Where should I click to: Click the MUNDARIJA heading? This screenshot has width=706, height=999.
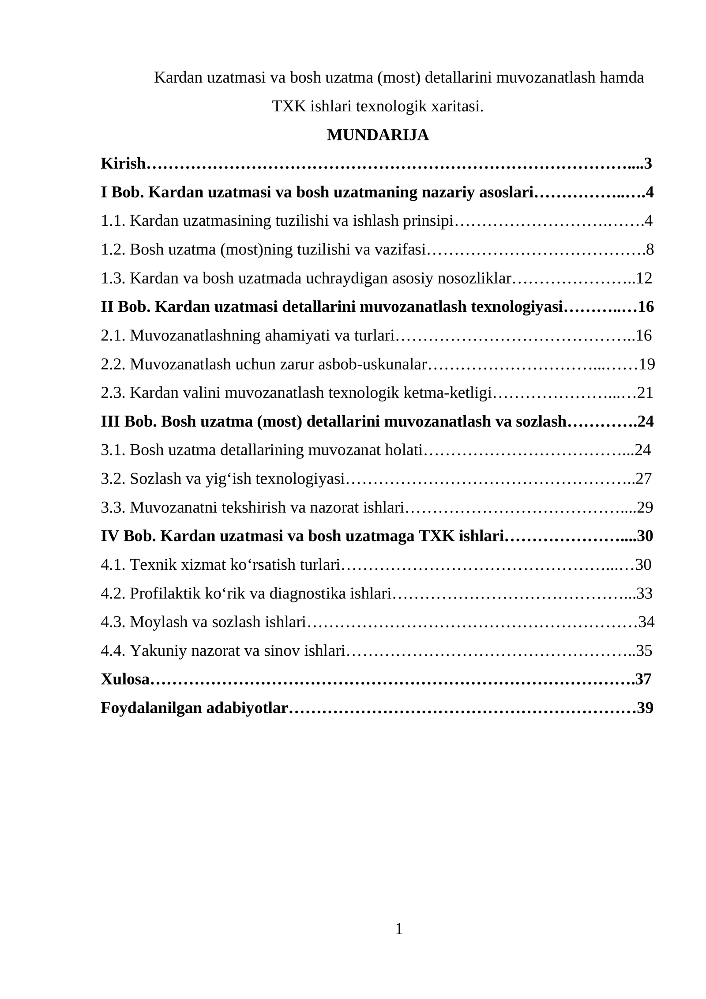(377, 135)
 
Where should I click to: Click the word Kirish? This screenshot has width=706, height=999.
(123, 163)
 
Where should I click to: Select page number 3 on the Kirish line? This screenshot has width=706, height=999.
(648, 163)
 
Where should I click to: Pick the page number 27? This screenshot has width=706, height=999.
(644, 479)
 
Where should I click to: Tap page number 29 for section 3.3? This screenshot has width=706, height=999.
(645, 507)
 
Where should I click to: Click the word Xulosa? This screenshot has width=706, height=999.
(125, 679)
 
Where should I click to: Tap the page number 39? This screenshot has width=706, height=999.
(645, 708)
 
